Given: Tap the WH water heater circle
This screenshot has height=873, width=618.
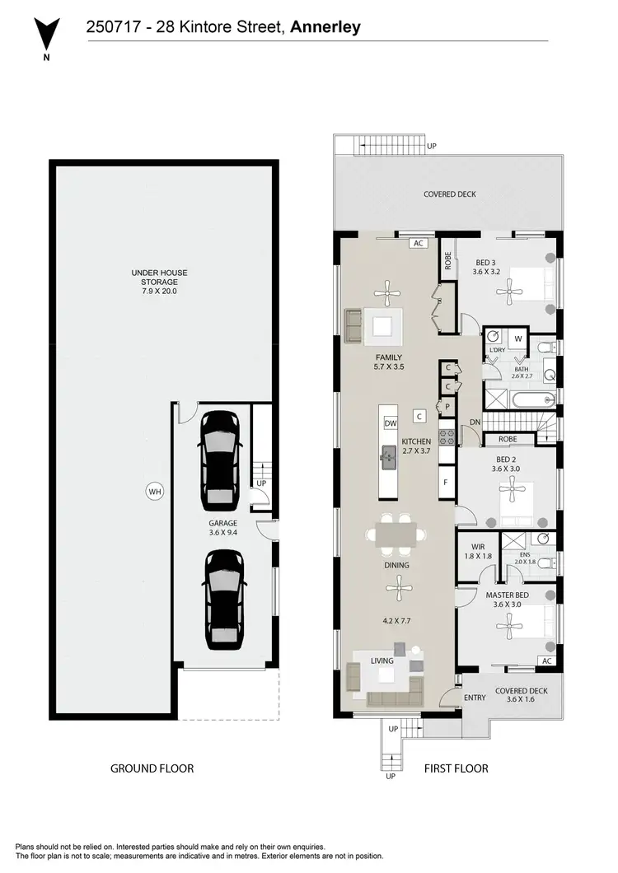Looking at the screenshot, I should click(x=154, y=493).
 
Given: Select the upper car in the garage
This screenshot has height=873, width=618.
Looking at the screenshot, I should click(x=219, y=458).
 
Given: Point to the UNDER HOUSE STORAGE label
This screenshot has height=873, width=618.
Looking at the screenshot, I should click(x=154, y=282).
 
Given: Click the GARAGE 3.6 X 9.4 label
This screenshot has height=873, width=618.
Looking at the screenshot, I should click(x=223, y=528).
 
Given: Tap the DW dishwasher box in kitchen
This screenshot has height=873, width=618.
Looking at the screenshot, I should click(x=391, y=423).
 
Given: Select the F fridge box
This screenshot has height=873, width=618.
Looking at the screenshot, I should click(x=445, y=482).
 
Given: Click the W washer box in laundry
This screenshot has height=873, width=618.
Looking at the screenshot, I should click(x=518, y=338).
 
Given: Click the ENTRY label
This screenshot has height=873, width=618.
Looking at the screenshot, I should click(x=475, y=698).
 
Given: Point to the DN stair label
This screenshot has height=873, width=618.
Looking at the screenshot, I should click(x=475, y=422).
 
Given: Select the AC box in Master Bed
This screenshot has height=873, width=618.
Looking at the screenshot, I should click(x=545, y=661).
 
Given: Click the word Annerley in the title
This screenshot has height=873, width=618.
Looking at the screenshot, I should click(x=325, y=27).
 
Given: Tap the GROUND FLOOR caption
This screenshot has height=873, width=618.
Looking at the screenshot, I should click(x=152, y=768).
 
